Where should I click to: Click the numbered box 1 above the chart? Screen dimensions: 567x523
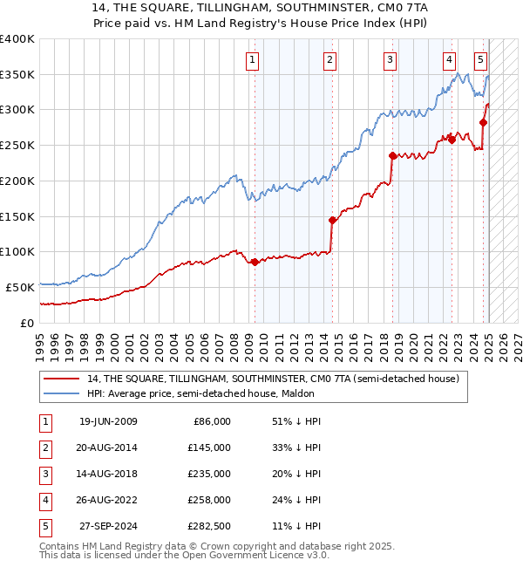pos(252,60)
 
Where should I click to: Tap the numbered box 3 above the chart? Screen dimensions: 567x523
pos(389,60)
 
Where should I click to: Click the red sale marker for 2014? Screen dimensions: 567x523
pos(332,220)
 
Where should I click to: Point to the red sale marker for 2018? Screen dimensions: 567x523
pos(392,156)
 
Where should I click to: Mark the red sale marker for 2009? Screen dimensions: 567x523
pos(255,262)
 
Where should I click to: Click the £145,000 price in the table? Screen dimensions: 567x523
pos(210,447)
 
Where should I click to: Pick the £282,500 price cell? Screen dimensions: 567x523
pos(210,526)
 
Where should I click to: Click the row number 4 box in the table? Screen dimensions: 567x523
pos(44,500)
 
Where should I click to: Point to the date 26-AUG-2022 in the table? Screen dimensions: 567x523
pos(108,500)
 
